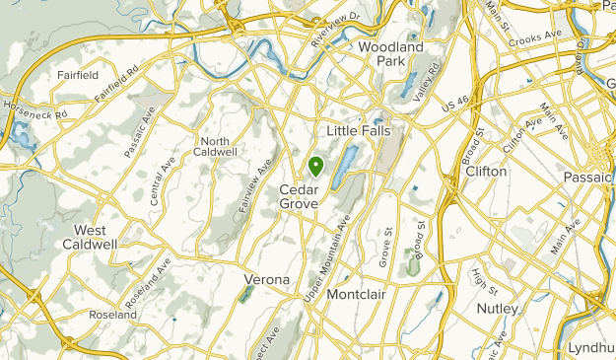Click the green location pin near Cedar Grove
315,166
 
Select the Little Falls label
359,130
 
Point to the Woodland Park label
391,53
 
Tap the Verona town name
266,279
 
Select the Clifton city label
486,171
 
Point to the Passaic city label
587,177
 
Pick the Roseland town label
112,315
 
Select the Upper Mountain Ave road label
332,247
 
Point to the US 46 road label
457,101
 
